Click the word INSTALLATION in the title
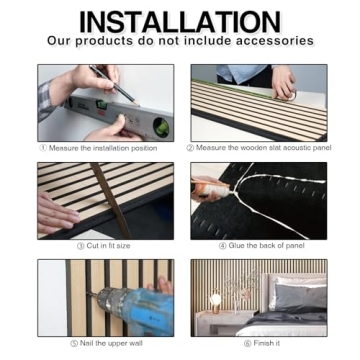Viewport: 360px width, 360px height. point(180,20)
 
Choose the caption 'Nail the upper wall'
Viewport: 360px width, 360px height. point(106,343)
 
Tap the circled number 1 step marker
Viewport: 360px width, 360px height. point(43,147)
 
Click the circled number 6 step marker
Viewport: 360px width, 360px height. point(247,343)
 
